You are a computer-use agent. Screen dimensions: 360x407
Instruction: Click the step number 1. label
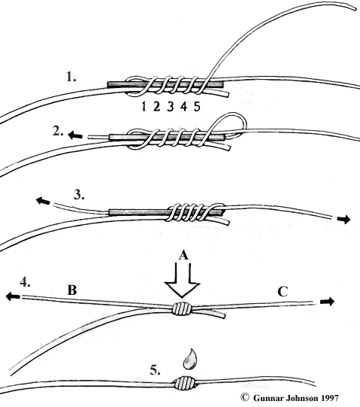71,77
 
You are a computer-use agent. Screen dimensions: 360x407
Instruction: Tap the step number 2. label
58,132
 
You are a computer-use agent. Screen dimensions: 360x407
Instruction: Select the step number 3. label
79,194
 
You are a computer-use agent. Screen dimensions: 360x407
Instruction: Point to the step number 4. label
25,282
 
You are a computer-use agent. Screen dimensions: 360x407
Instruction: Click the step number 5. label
155,370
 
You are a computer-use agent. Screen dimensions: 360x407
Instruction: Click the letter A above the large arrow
183,256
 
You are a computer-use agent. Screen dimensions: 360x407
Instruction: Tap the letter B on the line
72,290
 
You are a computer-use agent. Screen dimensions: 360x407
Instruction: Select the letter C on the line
283,292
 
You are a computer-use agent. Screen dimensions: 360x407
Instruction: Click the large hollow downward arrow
183,281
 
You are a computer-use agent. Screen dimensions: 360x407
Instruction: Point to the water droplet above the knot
190,360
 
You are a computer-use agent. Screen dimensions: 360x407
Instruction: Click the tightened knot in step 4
182,308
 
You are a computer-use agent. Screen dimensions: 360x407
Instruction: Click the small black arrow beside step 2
75,135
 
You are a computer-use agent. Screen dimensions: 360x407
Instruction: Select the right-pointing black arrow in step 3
343,220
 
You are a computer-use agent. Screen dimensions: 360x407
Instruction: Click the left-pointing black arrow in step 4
13,296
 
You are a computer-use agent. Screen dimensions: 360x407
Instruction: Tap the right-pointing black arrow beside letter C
328,302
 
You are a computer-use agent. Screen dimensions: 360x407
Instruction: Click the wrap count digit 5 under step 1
197,106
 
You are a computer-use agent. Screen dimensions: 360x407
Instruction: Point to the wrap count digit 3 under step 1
170,106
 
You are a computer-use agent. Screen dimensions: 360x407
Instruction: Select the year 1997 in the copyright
330,398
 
